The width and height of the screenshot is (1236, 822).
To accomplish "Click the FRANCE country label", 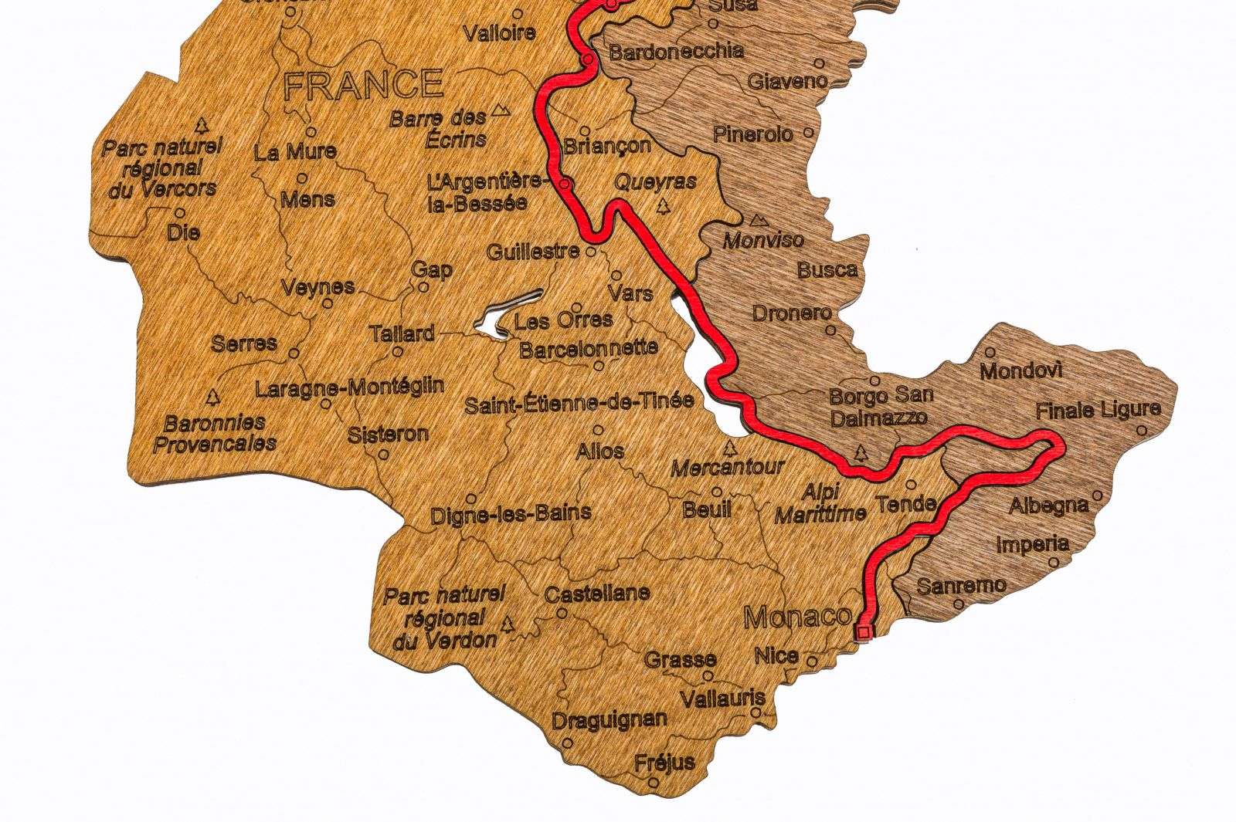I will (363, 83).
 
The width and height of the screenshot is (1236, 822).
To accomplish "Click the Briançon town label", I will (607, 145).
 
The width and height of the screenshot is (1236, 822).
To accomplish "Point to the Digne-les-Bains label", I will (511, 512).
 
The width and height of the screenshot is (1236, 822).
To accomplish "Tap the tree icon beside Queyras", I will (662, 206).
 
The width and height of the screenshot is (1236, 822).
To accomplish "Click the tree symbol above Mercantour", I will (729, 448).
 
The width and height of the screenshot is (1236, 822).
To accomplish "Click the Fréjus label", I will (664, 762).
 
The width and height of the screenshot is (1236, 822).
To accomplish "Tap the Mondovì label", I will (1020, 371).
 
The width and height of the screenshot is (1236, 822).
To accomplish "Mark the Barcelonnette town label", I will (588, 348).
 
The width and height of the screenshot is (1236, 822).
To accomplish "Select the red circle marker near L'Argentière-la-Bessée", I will (565, 184).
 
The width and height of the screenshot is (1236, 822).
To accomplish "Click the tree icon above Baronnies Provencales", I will (212, 397).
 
